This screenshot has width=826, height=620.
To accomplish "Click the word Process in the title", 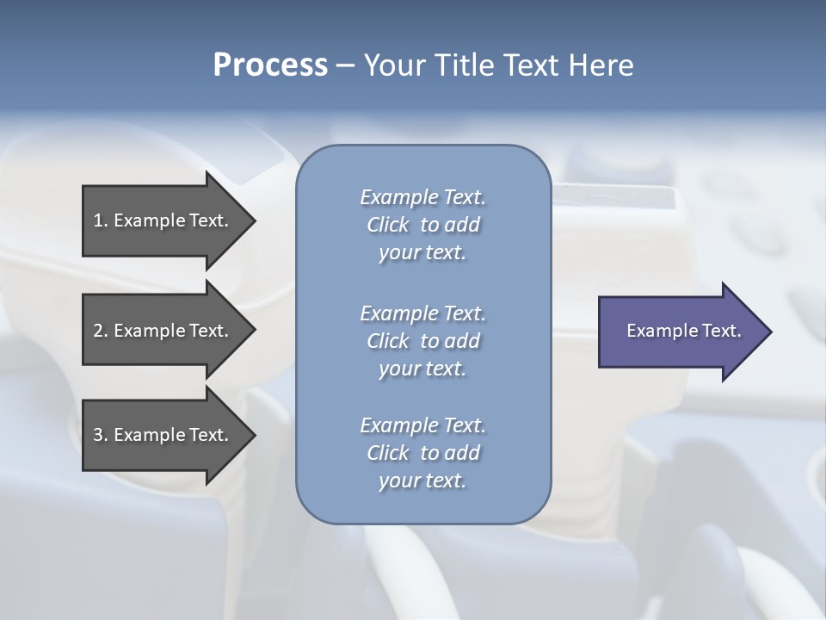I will tap(270, 65).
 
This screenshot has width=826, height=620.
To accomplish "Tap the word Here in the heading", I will tap(601, 65).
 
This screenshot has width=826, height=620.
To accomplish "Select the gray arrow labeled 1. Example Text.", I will tap(163, 220).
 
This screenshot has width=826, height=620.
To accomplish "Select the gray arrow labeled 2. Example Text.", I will tap(163, 331).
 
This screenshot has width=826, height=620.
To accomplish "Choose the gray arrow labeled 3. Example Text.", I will tap(163, 435).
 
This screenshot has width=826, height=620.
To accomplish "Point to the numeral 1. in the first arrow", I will tap(101, 220).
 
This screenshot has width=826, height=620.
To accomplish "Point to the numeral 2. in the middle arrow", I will tap(101, 331).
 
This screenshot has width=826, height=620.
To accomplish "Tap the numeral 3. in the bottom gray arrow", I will tap(101, 435).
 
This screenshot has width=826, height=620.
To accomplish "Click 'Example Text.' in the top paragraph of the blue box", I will tap(422, 197).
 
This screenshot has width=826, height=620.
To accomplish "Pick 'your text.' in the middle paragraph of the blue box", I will tap(422, 369).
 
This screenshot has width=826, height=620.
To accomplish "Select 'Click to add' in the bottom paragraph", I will tap(422, 453).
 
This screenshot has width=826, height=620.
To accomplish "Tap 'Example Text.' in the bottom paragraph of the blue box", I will tap(422, 425).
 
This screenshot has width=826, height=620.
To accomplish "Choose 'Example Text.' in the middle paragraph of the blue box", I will tap(422, 313).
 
